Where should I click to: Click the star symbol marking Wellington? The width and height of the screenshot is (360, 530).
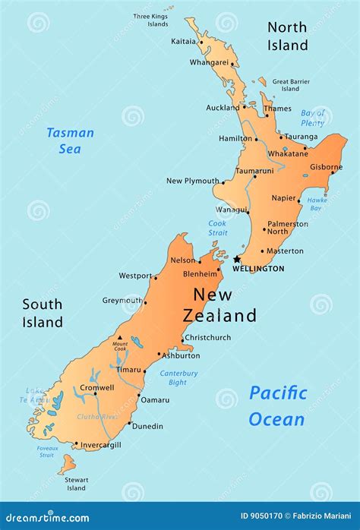coord(236,259)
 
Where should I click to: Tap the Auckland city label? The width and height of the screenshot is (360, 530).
coord(223,108)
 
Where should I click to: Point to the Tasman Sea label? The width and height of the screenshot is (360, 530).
coord(70,140)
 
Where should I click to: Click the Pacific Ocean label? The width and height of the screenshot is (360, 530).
coord(277,405)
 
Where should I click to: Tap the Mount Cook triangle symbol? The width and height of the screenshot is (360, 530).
coord(119,338)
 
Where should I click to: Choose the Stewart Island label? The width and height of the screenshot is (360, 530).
coord(75,484)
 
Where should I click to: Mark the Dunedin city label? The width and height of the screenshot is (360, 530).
coord(147,426)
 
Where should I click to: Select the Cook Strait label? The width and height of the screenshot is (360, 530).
coord(217,228)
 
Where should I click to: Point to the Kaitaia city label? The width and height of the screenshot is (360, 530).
coord(183,41)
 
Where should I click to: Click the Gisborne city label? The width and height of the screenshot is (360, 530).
coord(326,167)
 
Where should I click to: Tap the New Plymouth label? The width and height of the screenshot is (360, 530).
coord(192,181)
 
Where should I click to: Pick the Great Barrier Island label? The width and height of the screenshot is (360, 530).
coord(291,85)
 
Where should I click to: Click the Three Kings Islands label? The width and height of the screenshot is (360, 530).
coord(151,20)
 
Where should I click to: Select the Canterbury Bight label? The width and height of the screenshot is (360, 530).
coord(178,377)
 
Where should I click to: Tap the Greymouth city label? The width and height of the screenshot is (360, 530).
coord(122,300)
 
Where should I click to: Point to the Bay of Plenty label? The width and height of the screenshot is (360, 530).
coord(312,118)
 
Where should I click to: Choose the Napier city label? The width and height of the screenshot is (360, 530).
coord(283,198)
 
